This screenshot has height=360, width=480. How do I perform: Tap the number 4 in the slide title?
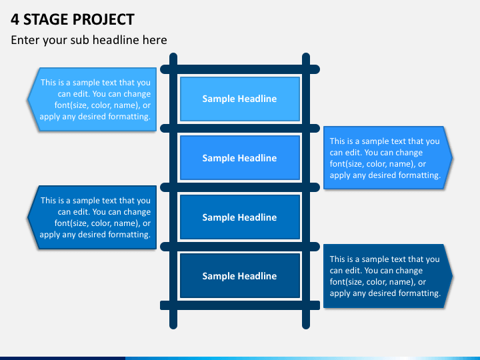15,19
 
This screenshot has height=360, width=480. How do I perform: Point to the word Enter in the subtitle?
25,40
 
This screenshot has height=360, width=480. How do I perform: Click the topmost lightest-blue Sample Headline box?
239,99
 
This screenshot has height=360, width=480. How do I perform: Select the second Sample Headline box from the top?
239,158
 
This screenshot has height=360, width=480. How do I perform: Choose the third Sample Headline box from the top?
239,217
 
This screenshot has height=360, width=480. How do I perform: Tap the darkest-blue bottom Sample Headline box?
239,276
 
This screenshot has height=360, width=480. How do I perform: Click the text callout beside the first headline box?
93,99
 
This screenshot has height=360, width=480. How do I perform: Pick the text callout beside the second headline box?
385,158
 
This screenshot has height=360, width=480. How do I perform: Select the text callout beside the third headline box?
93,217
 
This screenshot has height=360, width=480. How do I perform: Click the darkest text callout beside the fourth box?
385,276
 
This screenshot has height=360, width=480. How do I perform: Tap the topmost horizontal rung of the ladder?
239,69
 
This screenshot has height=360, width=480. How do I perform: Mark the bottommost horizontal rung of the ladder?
239,305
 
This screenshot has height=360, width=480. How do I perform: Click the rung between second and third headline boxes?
239,187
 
